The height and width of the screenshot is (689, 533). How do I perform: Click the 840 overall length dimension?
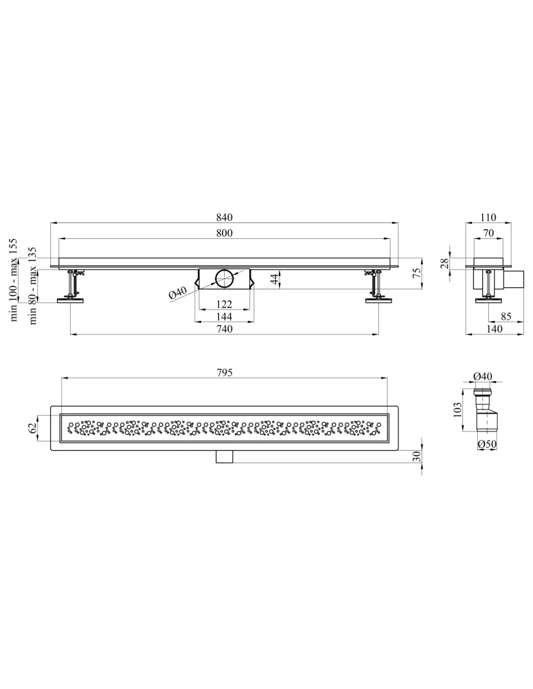(224, 218)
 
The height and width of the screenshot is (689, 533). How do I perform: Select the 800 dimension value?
(224, 233)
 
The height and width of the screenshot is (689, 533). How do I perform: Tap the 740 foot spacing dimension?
(224, 329)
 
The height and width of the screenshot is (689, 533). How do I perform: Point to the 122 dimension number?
(224, 304)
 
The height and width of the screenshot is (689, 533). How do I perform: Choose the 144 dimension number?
(224, 316)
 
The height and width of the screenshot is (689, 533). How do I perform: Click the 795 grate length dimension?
(224, 372)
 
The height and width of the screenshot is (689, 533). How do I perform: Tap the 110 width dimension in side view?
(488, 218)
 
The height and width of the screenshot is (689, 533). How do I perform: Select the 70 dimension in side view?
(488, 233)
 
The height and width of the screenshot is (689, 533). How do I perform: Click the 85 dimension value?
(506, 316)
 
